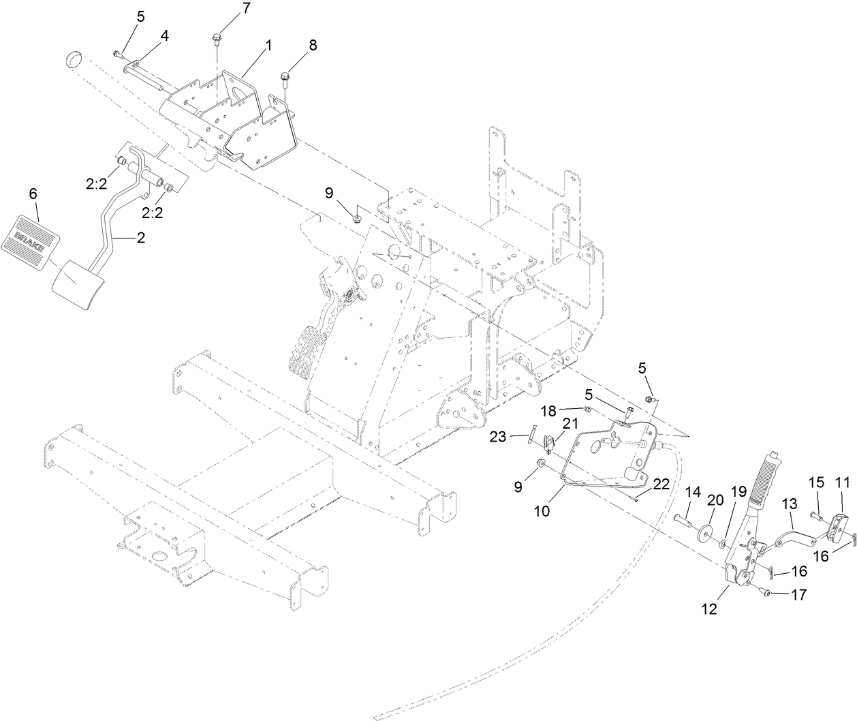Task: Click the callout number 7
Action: click(x=227, y=10)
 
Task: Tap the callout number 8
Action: click(x=312, y=46)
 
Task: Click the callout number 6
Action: click(x=33, y=194)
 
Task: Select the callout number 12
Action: click(x=709, y=609)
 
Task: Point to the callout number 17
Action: click(x=798, y=594)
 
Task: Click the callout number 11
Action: click(x=842, y=482)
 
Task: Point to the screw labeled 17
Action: click(x=766, y=594)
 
